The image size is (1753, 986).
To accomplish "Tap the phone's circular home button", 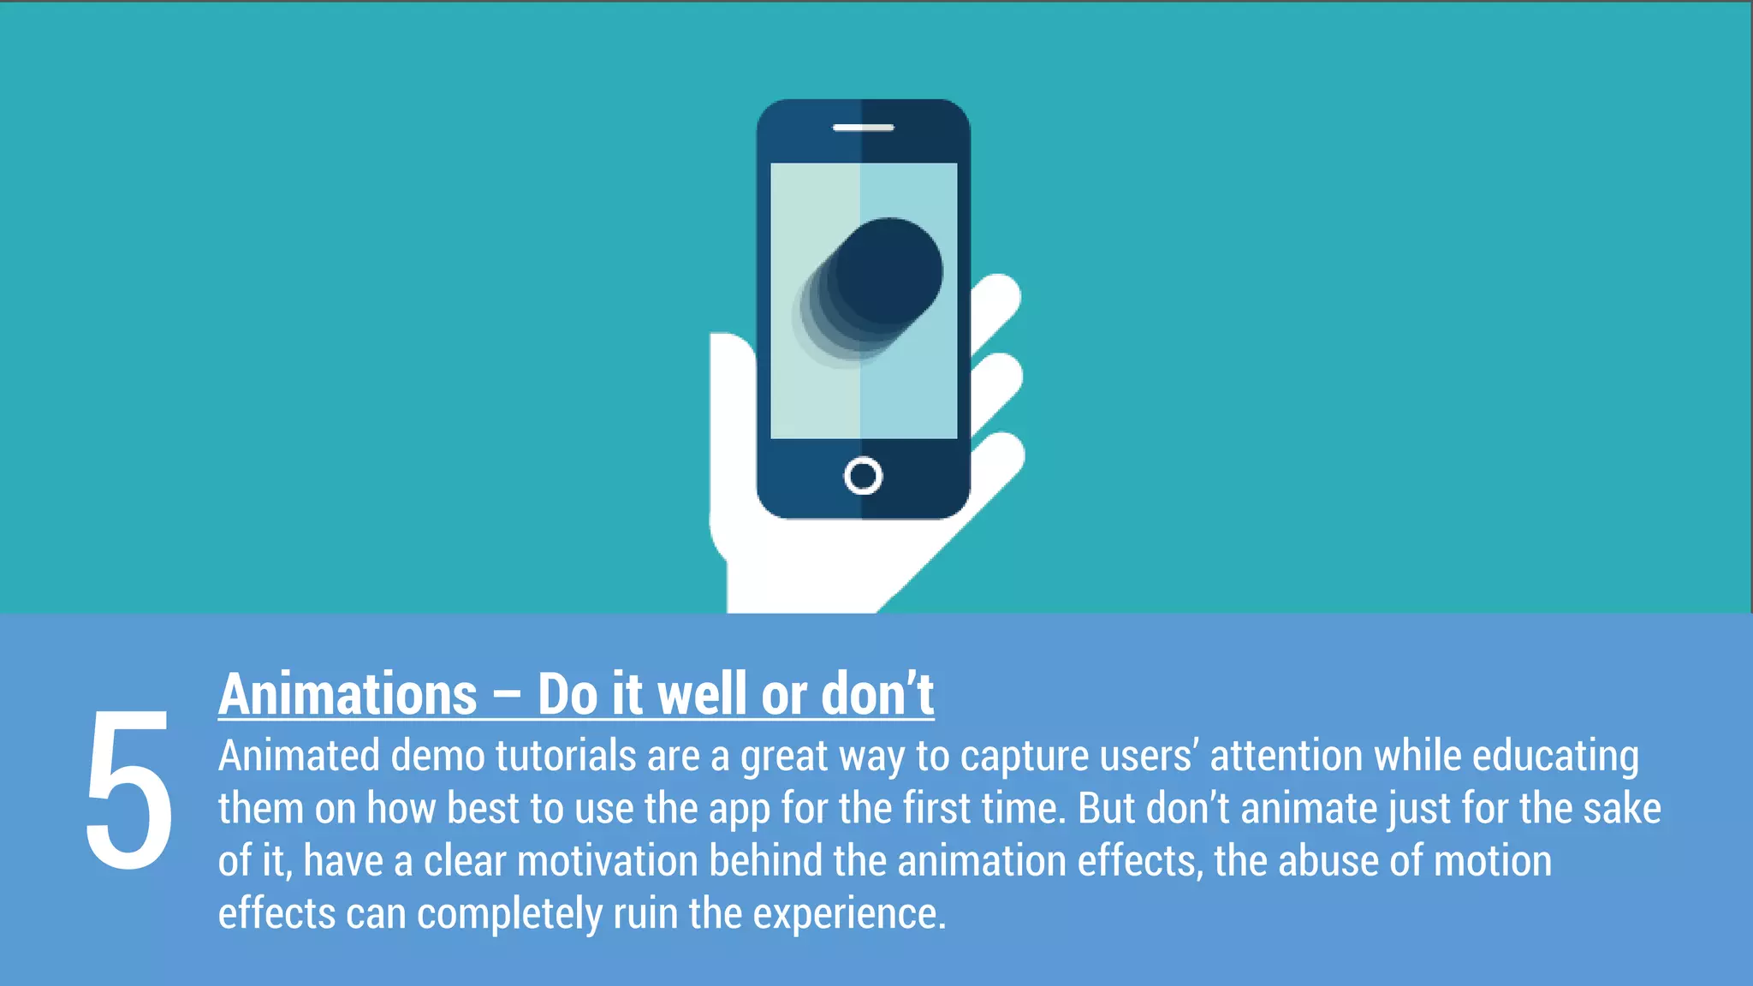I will [x=863, y=476].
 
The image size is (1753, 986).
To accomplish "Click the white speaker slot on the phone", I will [x=863, y=128].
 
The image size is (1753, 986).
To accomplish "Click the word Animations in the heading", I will [x=348, y=694].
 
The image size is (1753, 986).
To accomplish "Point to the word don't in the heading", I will [x=877, y=694].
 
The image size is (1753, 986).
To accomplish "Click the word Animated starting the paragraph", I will [x=299, y=757].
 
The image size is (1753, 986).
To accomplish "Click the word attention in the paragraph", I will [x=1286, y=757].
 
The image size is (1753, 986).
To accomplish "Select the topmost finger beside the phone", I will [x=997, y=300].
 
